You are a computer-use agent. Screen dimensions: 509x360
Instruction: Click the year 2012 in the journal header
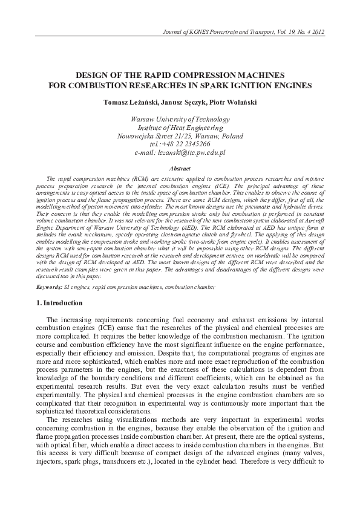tap(334, 31)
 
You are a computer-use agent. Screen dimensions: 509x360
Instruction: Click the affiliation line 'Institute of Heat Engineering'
tap(180, 128)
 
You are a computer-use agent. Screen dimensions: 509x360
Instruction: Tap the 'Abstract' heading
tap(180, 169)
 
